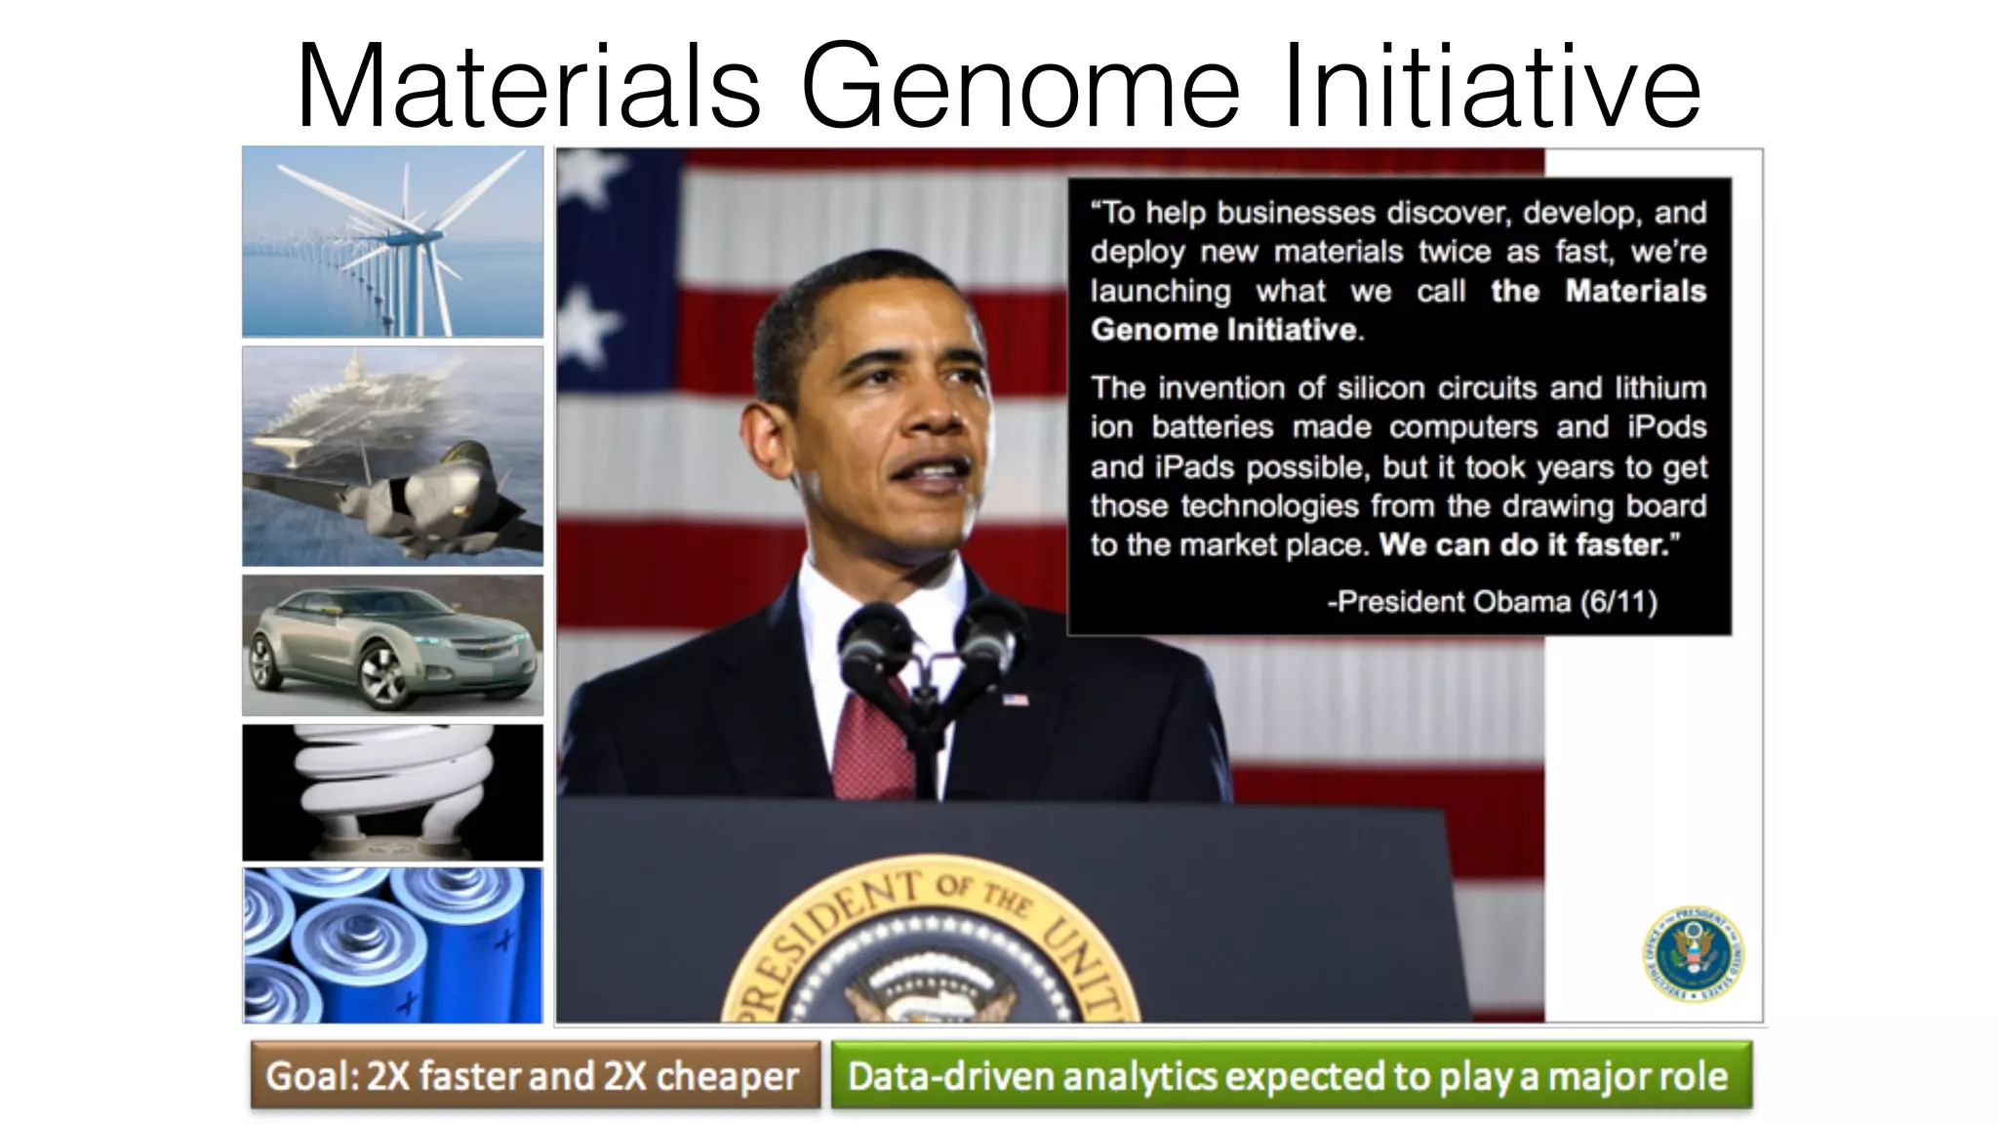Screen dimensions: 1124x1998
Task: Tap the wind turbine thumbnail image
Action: pos(392,241)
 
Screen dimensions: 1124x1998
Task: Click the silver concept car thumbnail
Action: pos(392,645)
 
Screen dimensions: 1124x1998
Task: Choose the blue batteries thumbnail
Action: pos(392,944)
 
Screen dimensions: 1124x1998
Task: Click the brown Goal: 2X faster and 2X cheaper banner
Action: pos(535,1075)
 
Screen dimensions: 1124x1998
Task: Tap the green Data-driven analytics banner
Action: pos(1290,1075)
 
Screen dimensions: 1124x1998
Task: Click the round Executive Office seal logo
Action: pos(1693,953)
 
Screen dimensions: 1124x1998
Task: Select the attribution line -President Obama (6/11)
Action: pos(1492,601)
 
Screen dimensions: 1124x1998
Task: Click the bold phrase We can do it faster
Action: pos(1524,544)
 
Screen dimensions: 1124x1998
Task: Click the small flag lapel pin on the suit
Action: pos(1016,699)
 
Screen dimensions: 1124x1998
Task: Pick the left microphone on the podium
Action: pos(875,639)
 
